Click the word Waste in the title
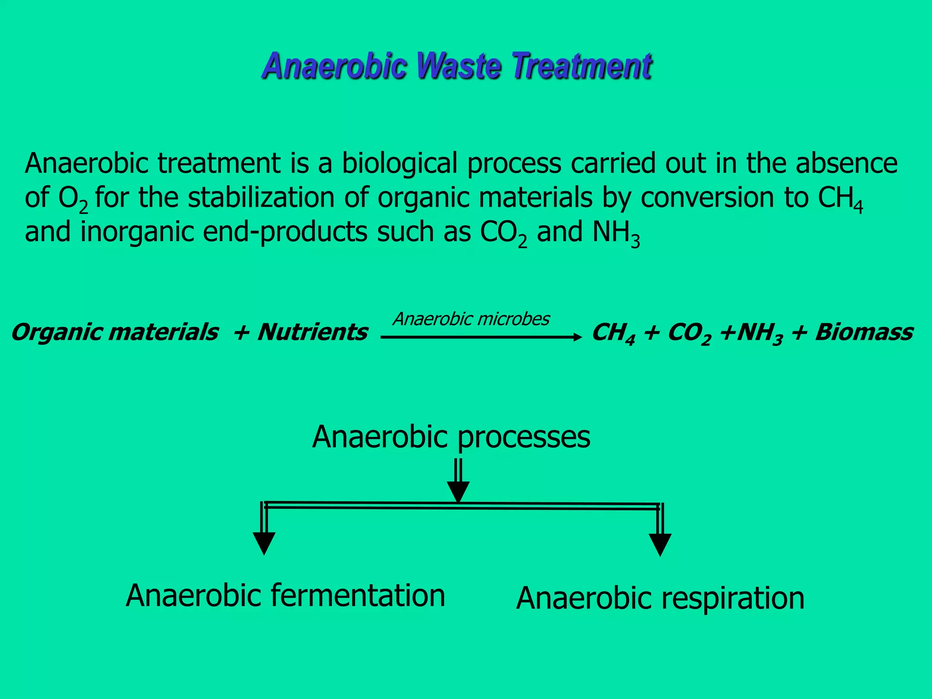pyautogui.click(x=461, y=66)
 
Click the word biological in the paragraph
pyautogui.click(x=400, y=164)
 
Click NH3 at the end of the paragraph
pyautogui.click(x=616, y=233)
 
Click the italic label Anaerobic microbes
pyautogui.click(x=471, y=319)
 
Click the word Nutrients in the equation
pyautogui.click(x=312, y=332)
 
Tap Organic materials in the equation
pyautogui.click(x=115, y=332)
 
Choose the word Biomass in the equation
pyautogui.click(x=864, y=332)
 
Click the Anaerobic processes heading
pyautogui.click(x=451, y=437)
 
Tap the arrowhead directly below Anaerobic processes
pyautogui.click(x=458, y=491)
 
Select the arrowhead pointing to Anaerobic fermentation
pyautogui.click(x=264, y=543)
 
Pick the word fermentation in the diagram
pyautogui.click(x=358, y=596)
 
